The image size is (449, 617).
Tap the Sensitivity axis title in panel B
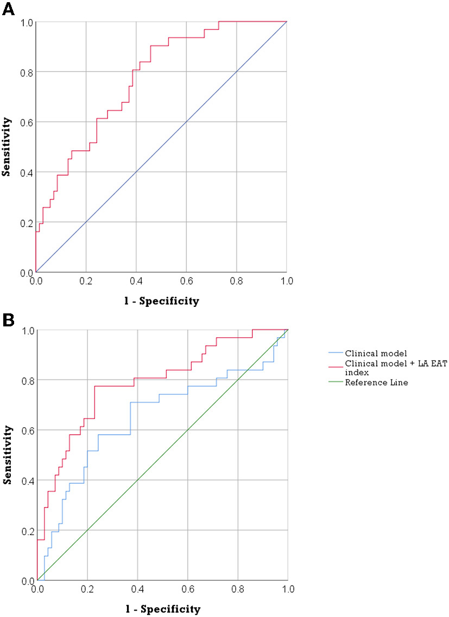pos(8,455)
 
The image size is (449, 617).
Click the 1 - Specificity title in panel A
pos(161,301)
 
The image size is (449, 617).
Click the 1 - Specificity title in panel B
pos(162,609)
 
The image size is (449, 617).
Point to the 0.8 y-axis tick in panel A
pos(26,72)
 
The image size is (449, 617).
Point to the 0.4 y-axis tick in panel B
pos(27,480)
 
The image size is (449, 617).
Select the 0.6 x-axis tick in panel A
pos(186,282)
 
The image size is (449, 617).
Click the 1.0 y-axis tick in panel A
pos(26,22)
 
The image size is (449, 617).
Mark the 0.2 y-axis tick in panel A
pos(26,222)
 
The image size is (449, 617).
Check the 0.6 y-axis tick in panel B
pos(27,430)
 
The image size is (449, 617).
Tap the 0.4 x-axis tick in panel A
pos(136,282)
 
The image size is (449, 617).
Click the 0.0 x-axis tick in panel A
pos(36,282)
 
